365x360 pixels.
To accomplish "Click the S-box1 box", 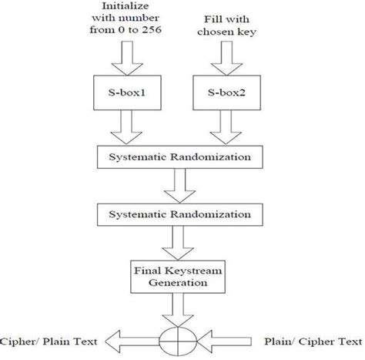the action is click(x=127, y=93).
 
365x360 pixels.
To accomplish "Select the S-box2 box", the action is click(x=227, y=93).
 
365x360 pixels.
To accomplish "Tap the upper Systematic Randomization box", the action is click(x=180, y=157).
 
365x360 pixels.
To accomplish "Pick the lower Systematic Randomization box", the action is click(x=180, y=215).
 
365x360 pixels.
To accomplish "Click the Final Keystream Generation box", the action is click(x=178, y=277).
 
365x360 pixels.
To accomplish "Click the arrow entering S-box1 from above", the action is click(x=127, y=59).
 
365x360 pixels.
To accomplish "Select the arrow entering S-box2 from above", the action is click(x=226, y=59).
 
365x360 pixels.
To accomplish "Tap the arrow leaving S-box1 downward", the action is click(x=126, y=127).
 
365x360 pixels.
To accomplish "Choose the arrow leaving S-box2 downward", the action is click(x=226, y=127).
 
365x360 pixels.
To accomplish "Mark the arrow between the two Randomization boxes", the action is click(x=179, y=186).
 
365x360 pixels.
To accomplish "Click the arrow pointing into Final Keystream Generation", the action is click(x=178, y=243).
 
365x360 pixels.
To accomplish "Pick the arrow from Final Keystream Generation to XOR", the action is click(x=178, y=310).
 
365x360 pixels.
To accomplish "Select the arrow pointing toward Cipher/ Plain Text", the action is click(x=132, y=341).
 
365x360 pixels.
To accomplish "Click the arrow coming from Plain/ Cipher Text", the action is click(x=224, y=341).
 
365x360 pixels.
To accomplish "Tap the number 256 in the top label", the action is click(x=152, y=30).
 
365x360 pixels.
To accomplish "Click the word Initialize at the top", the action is click(x=126, y=5).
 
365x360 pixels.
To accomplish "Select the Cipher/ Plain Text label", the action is click(x=49, y=341).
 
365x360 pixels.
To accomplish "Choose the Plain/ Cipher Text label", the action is click(x=313, y=341).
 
